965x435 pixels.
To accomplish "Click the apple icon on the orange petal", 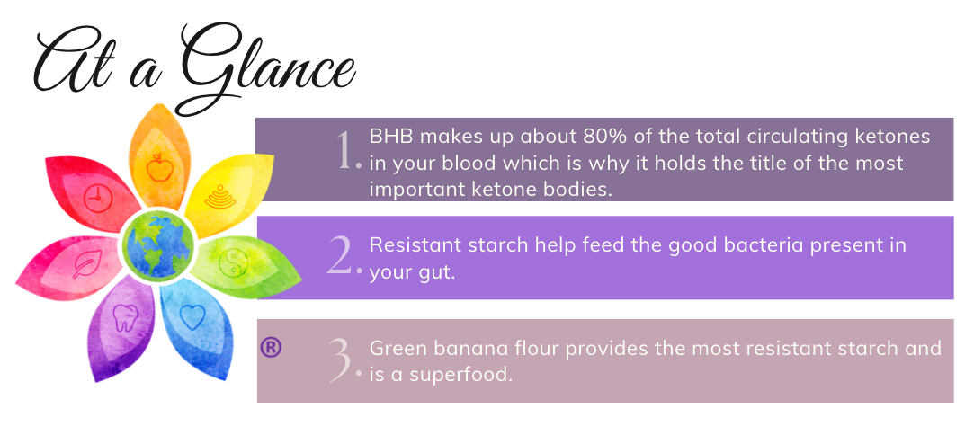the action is (x=159, y=167).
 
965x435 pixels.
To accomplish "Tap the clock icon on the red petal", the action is (x=95, y=199).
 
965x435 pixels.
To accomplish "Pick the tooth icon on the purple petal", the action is (x=125, y=317).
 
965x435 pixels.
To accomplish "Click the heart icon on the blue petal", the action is (x=192, y=317).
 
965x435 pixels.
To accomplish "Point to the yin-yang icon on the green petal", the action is (x=233, y=262).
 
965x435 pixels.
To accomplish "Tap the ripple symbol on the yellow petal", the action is (x=219, y=196).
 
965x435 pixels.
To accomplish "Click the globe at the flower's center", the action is (x=157, y=244).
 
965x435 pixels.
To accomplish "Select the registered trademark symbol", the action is (x=271, y=348).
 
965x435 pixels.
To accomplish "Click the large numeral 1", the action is (x=346, y=150).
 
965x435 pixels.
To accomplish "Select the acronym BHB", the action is (x=391, y=136).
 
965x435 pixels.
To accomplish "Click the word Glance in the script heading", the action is (x=270, y=66).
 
